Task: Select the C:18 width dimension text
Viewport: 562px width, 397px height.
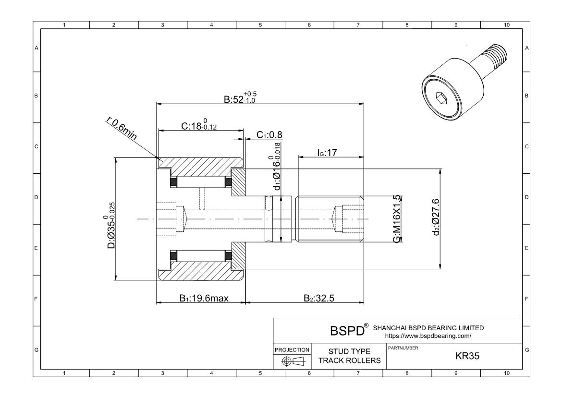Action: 198,125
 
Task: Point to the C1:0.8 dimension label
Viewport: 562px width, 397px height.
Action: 269,135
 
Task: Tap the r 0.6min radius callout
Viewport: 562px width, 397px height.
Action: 121,129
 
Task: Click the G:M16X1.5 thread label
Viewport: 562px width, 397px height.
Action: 397,219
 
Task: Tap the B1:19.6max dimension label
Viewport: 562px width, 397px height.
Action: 204,298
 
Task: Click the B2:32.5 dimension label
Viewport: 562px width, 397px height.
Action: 318,298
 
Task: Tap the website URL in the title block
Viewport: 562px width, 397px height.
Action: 428,336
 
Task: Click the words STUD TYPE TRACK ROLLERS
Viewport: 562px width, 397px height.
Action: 349,356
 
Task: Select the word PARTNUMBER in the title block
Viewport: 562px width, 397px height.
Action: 402,348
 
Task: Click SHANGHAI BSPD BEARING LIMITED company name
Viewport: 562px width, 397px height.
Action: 428,328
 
